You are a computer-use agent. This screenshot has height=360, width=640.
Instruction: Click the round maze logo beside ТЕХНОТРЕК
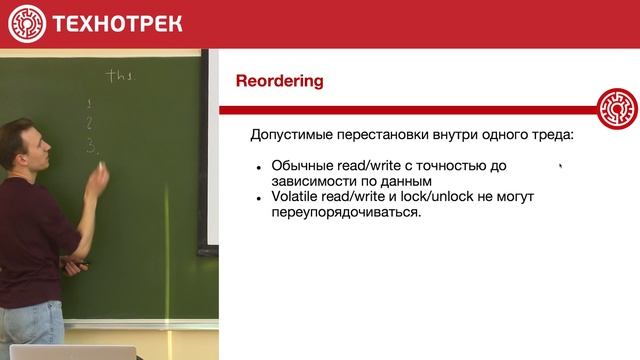27,23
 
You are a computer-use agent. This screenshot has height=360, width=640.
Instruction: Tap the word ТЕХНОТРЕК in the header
117,23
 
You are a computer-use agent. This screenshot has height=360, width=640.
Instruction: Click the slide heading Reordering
279,81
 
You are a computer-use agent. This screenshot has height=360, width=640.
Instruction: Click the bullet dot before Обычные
259,167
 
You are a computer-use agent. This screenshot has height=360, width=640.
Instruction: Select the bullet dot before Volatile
259,198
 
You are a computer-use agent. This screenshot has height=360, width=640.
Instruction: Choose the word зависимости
318,182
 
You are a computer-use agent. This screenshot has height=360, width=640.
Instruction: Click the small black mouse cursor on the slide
561,168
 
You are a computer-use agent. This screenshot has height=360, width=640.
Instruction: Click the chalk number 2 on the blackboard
90,124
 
